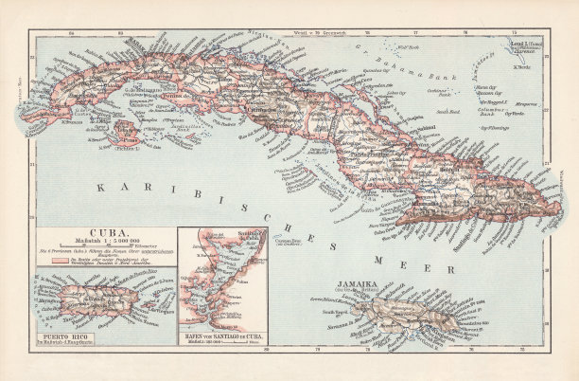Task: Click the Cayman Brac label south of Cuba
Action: pos(286,241)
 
